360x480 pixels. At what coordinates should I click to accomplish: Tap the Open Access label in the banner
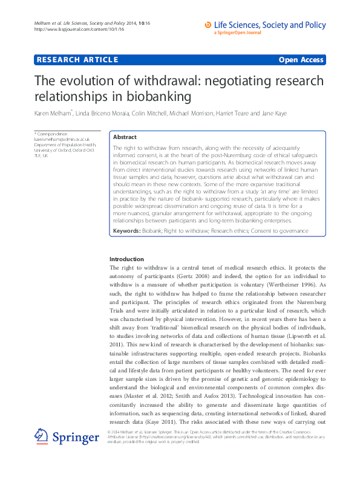pyautogui.click(x=301, y=60)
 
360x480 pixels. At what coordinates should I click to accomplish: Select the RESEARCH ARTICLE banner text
pyautogui.click(x=77, y=60)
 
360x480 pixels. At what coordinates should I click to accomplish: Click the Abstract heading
pyautogui.click(x=125, y=137)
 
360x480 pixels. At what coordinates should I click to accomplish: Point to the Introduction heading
pyautogui.click(x=126, y=259)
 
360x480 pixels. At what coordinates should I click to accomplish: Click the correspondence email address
pyautogui.click(x=53, y=139)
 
